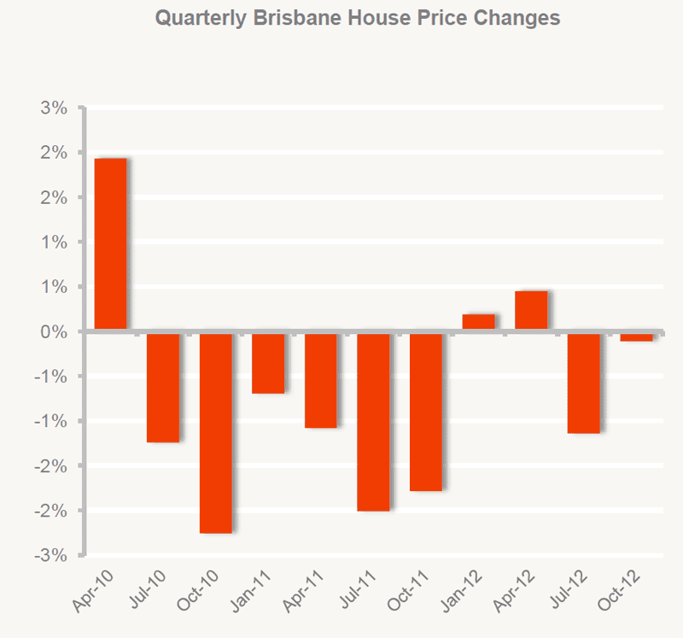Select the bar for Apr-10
[110, 244]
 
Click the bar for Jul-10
[163, 387]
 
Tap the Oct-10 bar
[216, 432]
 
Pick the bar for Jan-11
[268, 362]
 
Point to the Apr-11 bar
[321, 379]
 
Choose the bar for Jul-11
[374, 421]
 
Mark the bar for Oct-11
[426, 411]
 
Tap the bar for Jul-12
[584, 383]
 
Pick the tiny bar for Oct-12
[637, 337]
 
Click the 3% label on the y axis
[54, 108]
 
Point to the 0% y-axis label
[54, 331]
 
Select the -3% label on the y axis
[51, 555]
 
